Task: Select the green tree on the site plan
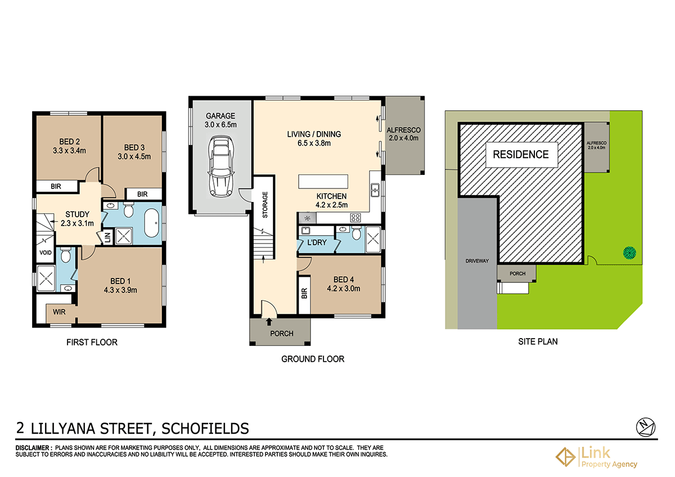pyautogui.click(x=629, y=253)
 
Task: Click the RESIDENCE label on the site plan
pyautogui.click(x=520, y=154)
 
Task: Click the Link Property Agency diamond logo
pyautogui.click(x=565, y=457)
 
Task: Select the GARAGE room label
pyautogui.click(x=220, y=116)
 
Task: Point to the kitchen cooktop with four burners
pyautogui.click(x=355, y=218)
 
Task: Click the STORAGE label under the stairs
pyautogui.click(x=264, y=205)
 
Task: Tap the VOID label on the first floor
pyautogui.click(x=46, y=253)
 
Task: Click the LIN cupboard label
pyautogui.click(x=107, y=238)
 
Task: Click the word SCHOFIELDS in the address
pyautogui.click(x=205, y=429)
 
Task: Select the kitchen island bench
pyautogui.click(x=323, y=182)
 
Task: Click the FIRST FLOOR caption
pyautogui.click(x=92, y=342)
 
